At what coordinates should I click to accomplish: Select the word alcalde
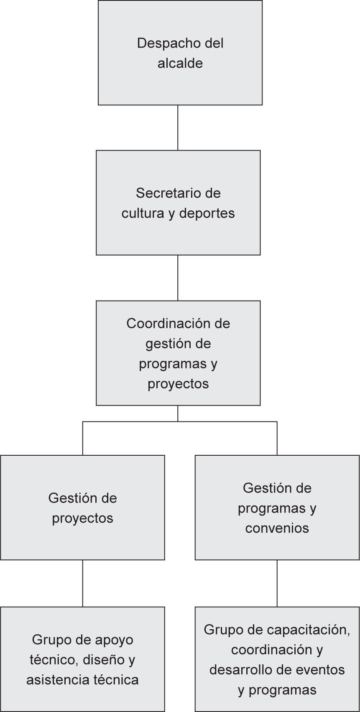coord(180,64)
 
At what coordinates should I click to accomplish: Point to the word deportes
coord(207,214)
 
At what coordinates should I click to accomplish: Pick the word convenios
coord(277,528)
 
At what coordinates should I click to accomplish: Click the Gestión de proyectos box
coord(82,539)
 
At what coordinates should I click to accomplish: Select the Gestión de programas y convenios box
coord(277,548)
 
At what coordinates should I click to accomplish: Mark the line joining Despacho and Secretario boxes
coord(178,128)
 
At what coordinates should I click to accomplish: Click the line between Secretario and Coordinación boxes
coord(178,278)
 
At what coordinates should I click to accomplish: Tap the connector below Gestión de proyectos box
coord(82,583)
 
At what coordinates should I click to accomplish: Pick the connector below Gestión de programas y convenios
coord(277,583)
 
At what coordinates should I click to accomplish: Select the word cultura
coord(143,214)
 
